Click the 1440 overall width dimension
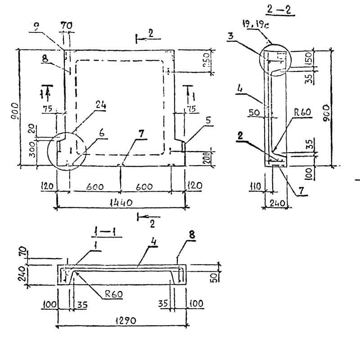point(121,202)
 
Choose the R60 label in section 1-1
point(114,294)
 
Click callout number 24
point(100,105)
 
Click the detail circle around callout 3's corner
point(275,59)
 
